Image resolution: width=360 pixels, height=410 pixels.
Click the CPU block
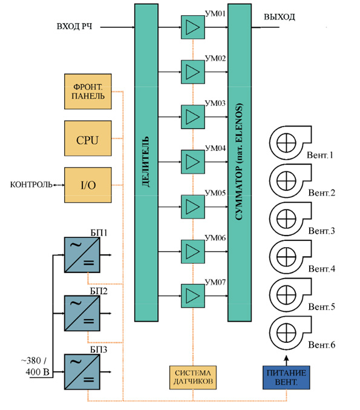[88, 138]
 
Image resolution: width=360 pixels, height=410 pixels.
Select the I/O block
[88, 185]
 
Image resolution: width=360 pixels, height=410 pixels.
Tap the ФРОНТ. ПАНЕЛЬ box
[88, 91]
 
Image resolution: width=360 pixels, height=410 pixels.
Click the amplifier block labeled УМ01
[193, 27]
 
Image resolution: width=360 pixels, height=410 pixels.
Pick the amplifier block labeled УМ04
[193, 162]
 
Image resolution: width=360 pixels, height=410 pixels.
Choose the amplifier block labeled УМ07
[193, 296]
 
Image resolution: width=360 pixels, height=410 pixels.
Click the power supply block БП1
[82, 255]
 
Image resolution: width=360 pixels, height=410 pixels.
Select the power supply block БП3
[82, 372]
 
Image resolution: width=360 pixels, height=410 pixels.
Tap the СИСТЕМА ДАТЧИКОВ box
[193, 377]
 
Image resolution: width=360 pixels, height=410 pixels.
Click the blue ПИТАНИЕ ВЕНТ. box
[286, 377]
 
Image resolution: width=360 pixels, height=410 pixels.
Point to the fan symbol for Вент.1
[290, 143]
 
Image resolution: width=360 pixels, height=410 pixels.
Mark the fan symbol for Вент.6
[290, 332]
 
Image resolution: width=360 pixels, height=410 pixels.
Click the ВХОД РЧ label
[74, 27]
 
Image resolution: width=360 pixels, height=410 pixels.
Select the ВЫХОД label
[280, 17]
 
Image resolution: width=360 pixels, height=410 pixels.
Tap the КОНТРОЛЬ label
[31, 185]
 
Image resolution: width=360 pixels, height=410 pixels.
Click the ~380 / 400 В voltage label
[36, 366]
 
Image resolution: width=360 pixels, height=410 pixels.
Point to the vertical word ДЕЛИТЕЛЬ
[146, 161]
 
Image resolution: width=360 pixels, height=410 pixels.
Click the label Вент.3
[322, 231]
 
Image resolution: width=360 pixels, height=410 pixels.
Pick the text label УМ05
[215, 193]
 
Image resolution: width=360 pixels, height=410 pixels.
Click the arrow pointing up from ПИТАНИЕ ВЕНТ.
[286, 360]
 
